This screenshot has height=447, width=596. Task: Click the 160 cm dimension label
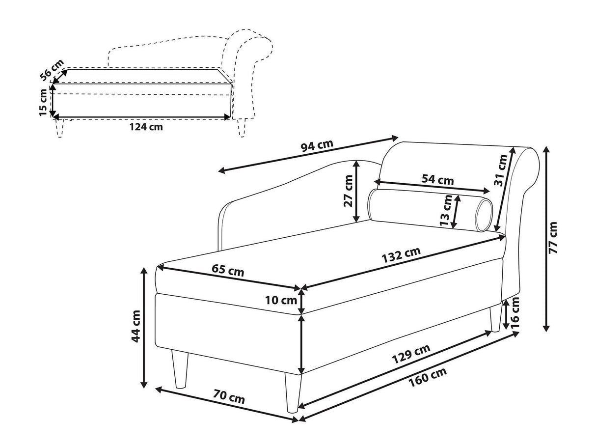tap(428, 377)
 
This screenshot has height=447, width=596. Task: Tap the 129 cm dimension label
tap(411, 354)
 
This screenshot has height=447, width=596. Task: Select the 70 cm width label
tap(229, 397)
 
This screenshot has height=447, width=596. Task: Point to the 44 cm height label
tap(135, 326)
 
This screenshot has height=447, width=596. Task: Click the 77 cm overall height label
tap(553, 238)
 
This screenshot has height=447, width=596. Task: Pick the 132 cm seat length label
tap(401, 254)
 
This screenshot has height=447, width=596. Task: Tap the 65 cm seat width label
tap(228, 271)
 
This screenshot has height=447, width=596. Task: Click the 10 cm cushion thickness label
tap(281, 301)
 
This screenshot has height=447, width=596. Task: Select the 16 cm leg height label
tap(515, 313)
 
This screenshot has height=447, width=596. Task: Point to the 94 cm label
tap(317, 146)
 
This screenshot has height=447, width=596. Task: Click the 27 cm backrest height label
tap(348, 191)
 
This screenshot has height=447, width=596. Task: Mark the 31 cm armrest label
tap(501, 170)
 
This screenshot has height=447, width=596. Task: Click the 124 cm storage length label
tap(146, 127)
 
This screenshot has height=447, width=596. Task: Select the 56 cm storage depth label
tap(52, 70)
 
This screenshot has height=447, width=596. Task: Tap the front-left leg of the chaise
tap(179, 369)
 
